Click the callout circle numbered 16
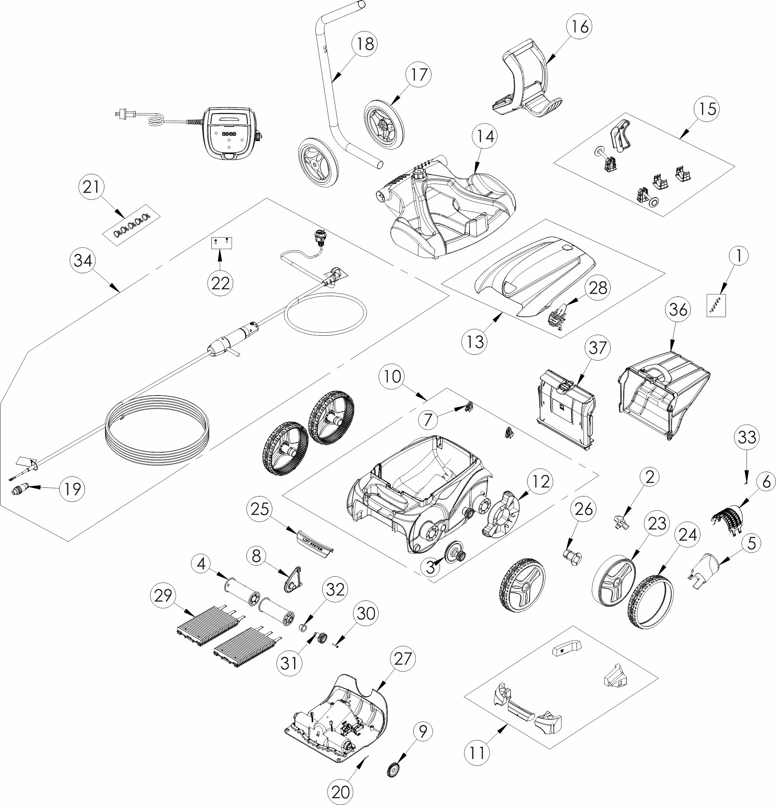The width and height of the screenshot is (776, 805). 580,27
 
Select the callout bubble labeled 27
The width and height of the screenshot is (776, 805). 402,659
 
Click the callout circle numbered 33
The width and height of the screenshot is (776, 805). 747,437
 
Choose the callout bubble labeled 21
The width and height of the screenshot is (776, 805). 91,187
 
